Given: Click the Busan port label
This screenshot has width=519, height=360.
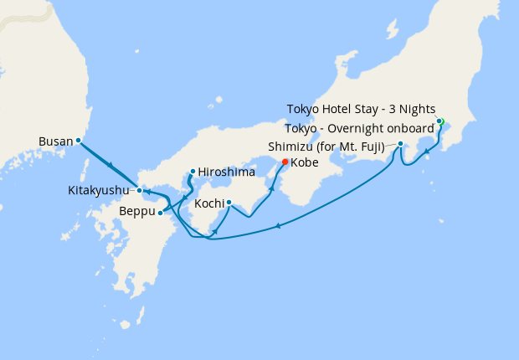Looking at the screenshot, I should [x=55, y=141].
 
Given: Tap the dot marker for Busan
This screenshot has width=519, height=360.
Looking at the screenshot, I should [x=78, y=141].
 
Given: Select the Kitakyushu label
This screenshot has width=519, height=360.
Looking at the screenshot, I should [x=98, y=191].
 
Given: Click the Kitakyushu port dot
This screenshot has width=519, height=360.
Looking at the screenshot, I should [x=140, y=191].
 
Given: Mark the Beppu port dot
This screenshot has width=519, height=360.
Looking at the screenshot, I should [x=160, y=213].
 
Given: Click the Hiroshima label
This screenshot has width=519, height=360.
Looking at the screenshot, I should [x=225, y=172].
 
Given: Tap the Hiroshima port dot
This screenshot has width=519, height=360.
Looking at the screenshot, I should [x=193, y=172].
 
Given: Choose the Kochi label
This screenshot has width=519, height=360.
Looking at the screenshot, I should [x=208, y=203].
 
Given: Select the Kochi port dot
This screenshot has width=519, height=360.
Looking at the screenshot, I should [x=229, y=202].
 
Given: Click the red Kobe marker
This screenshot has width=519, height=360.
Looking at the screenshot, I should [x=285, y=162].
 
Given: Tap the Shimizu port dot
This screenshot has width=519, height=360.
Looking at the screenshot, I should [x=401, y=144].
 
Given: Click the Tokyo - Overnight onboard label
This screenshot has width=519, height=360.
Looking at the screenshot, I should [x=360, y=128].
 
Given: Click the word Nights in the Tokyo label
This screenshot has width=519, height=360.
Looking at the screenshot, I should [x=414, y=109].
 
